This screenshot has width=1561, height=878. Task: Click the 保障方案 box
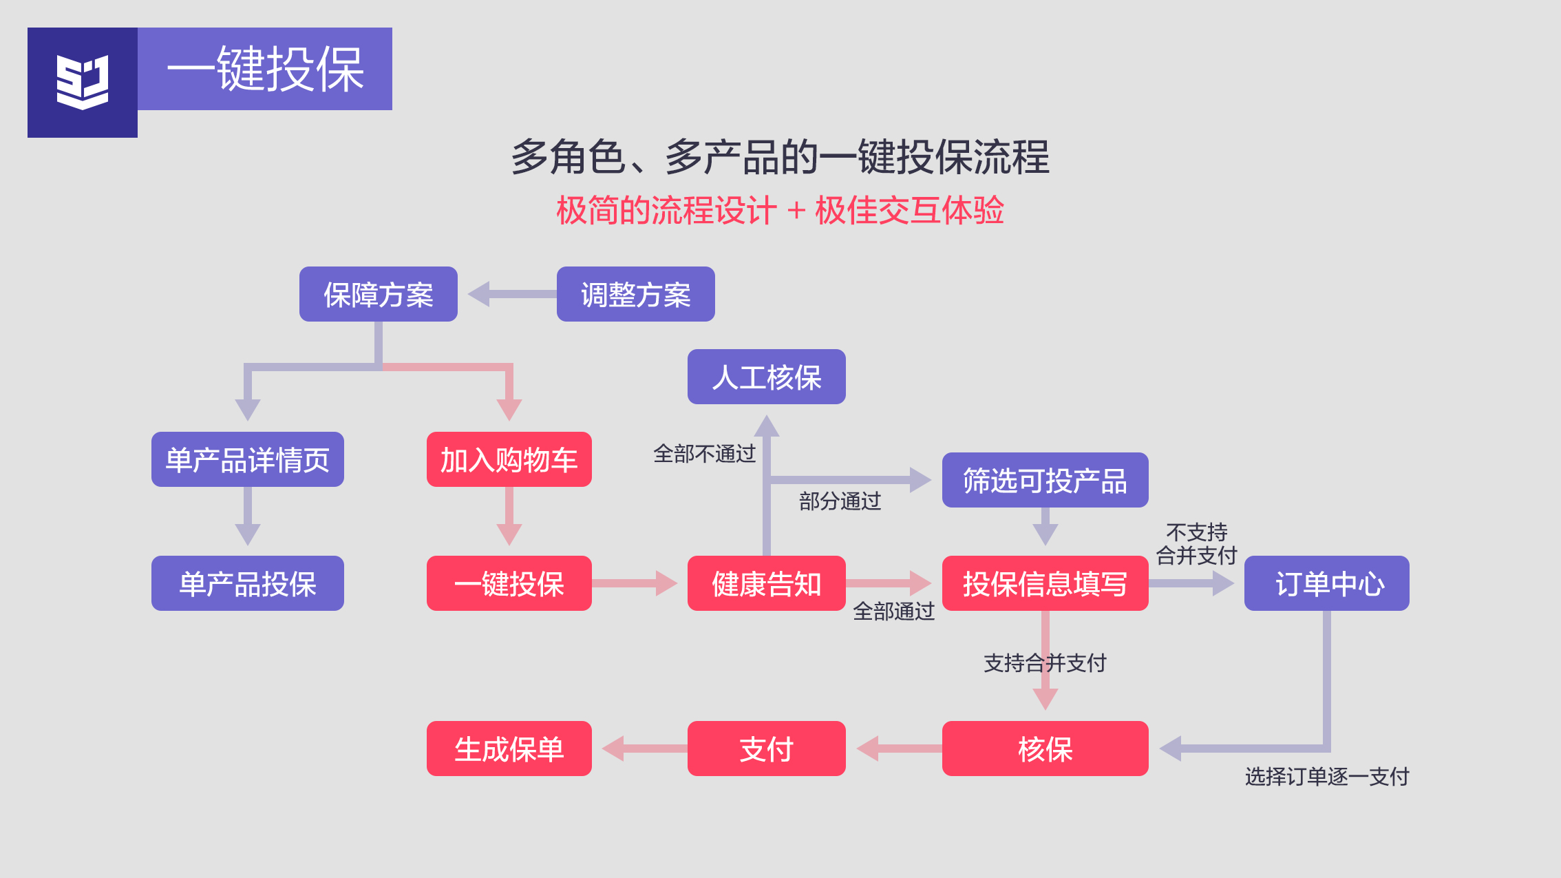378,294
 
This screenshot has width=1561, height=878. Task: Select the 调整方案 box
635,294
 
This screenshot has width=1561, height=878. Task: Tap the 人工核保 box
766,377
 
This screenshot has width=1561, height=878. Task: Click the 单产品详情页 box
247,459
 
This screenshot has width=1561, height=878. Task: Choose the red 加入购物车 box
509,459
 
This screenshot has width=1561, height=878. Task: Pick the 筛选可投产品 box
1045,480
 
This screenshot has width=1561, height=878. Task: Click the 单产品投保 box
247,583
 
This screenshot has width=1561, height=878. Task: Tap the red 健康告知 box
766,583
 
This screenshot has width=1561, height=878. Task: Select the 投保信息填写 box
1045,583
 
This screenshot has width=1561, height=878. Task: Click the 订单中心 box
1326,583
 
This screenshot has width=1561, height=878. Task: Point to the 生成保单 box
509,749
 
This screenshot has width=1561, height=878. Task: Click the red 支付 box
766,749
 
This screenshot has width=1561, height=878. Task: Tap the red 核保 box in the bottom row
1045,749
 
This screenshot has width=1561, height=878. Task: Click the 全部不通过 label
704,454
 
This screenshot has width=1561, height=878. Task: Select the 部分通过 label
840,501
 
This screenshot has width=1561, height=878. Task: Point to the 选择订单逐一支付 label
1326,777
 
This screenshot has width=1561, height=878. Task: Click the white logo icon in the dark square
83,83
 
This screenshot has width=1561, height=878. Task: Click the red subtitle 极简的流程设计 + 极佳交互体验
780,211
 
